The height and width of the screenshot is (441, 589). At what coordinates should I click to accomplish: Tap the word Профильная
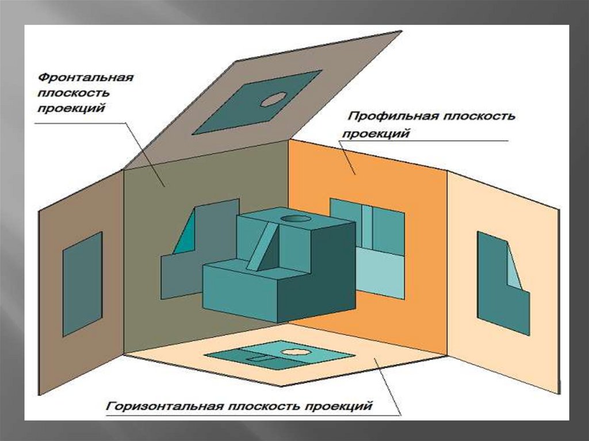(x=392, y=117)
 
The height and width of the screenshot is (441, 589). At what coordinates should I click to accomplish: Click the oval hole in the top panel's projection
(x=273, y=99)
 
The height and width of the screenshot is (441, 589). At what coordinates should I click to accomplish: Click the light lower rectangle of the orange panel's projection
(x=380, y=271)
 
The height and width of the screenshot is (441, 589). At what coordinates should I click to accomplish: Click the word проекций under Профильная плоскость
(x=375, y=134)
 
